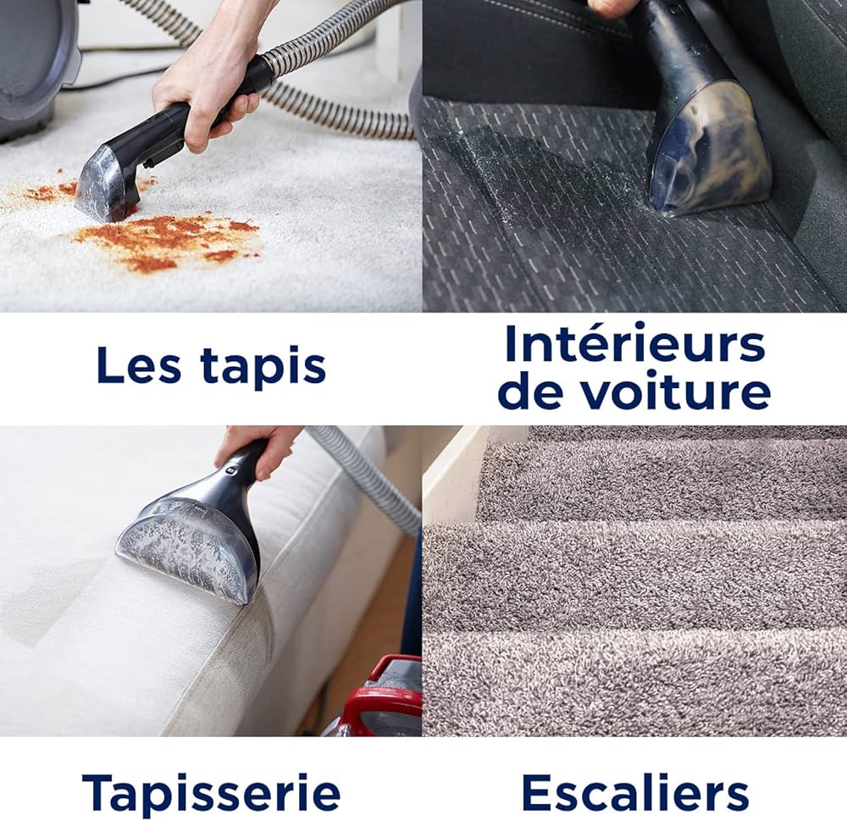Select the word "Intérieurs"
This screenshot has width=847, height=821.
pos(634,343)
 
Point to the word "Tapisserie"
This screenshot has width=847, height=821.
pos(211,793)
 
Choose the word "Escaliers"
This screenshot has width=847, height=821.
pos(634,793)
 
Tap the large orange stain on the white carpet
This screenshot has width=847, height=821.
pos(169,241)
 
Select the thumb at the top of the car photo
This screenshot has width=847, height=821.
pos(614,7)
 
